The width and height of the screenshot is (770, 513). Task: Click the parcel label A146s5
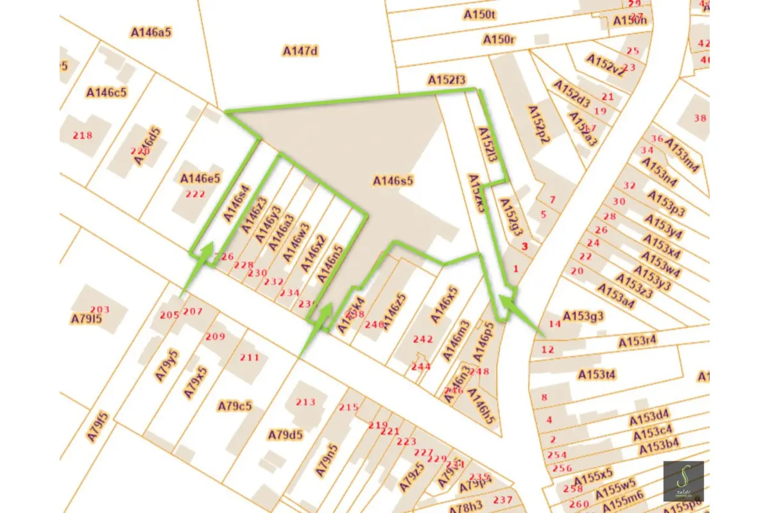[x=393, y=181]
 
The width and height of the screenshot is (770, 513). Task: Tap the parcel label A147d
[x=300, y=51]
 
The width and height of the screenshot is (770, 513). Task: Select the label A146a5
[x=151, y=31]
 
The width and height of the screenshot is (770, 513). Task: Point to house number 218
[x=83, y=135]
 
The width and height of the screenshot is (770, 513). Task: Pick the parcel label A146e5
[x=200, y=178]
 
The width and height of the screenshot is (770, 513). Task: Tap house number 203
[x=99, y=310]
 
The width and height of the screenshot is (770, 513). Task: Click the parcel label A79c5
[x=234, y=406]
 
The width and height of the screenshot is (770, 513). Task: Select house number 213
[x=305, y=402]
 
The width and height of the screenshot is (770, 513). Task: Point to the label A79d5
[x=285, y=435]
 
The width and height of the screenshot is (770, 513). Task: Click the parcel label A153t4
[x=597, y=374]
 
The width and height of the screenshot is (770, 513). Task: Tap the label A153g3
[x=583, y=316]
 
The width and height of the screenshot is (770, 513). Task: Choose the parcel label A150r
[x=499, y=40]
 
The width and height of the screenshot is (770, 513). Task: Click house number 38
[x=699, y=118]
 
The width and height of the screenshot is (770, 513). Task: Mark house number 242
[x=423, y=339]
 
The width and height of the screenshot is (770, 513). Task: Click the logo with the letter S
[x=683, y=481]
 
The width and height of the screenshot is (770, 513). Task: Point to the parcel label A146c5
[x=107, y=92]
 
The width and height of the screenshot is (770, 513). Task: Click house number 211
[x=250, y=357]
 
